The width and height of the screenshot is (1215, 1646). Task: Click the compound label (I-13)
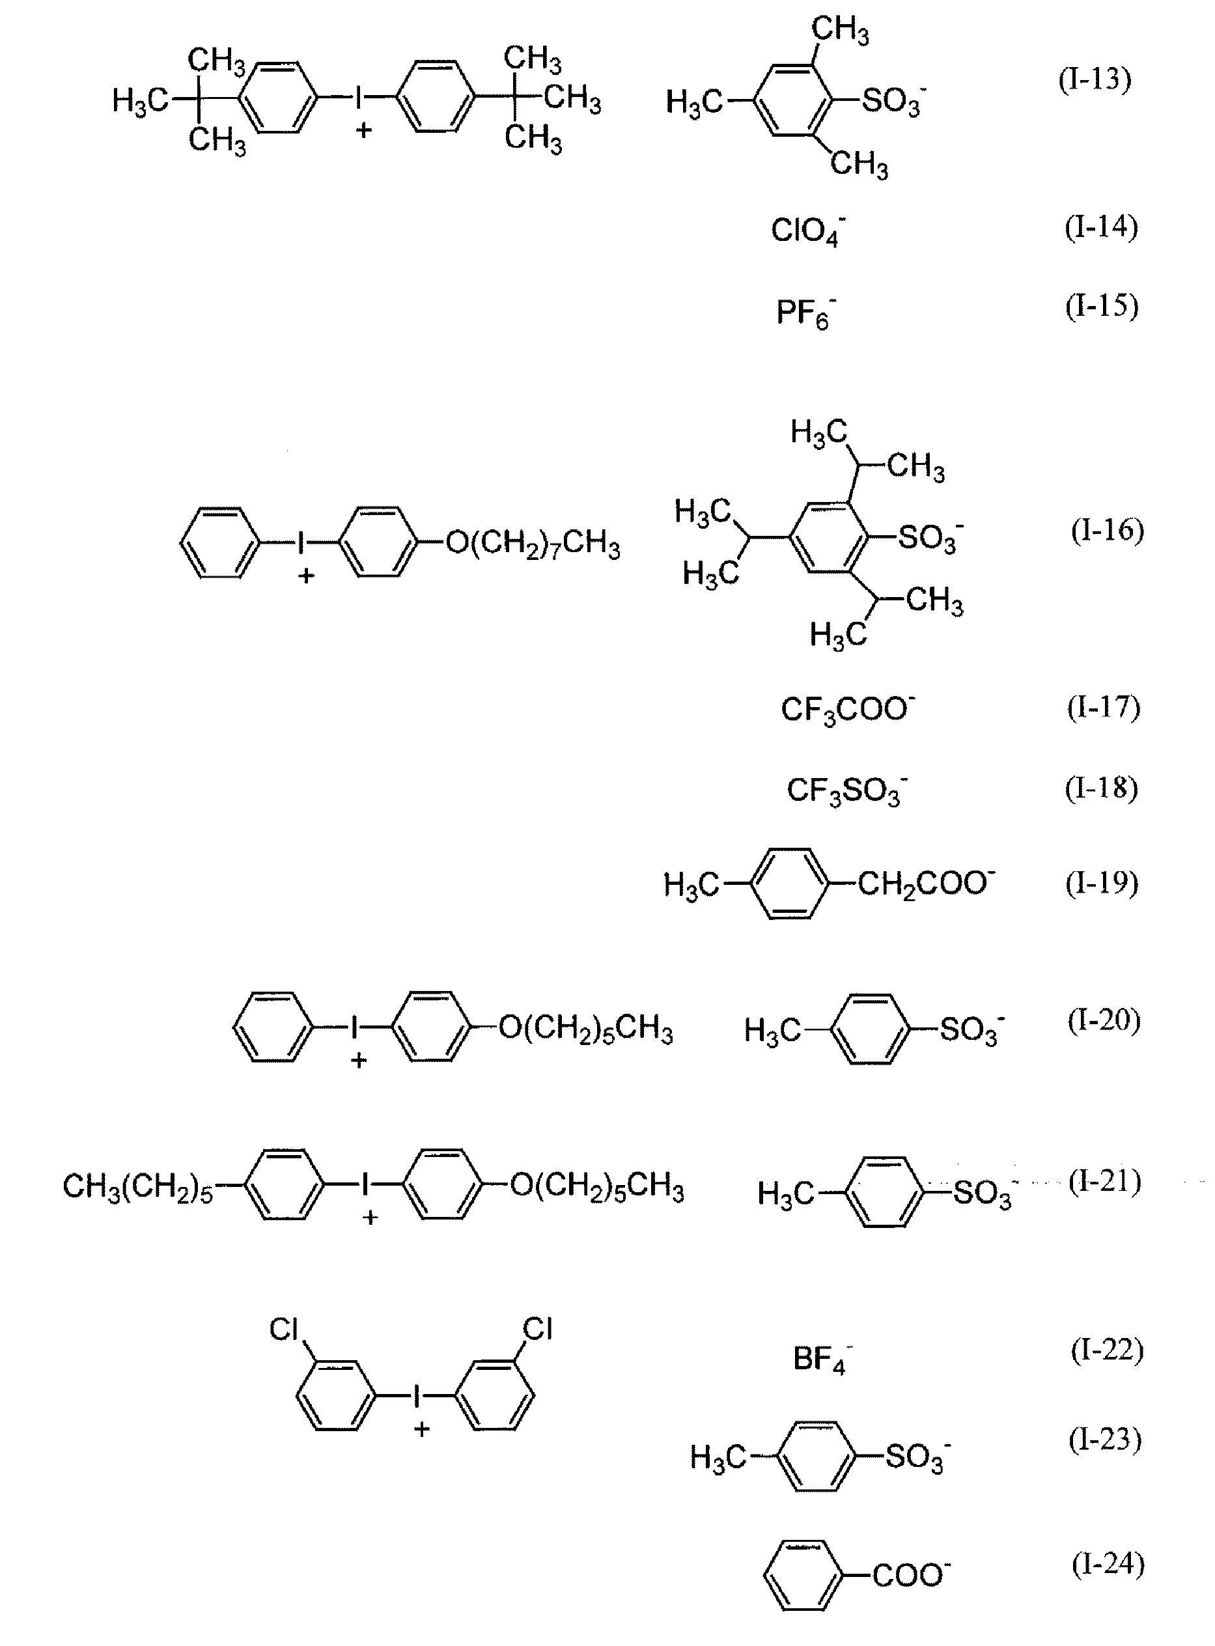click(1095, 79)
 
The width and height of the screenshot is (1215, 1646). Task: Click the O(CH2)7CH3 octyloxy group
click(533, 545)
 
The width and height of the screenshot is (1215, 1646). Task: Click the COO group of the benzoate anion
click(910, 1576)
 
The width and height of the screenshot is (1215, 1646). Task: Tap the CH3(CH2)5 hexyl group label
click(137, 1186)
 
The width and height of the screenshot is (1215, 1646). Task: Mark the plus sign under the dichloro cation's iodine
click(421, 1429)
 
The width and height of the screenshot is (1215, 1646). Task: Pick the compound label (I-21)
click(1105, 1182)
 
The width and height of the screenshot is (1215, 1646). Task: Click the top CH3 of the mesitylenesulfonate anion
click(840, 30)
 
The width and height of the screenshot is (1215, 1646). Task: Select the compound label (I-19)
click(1102, 882)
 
